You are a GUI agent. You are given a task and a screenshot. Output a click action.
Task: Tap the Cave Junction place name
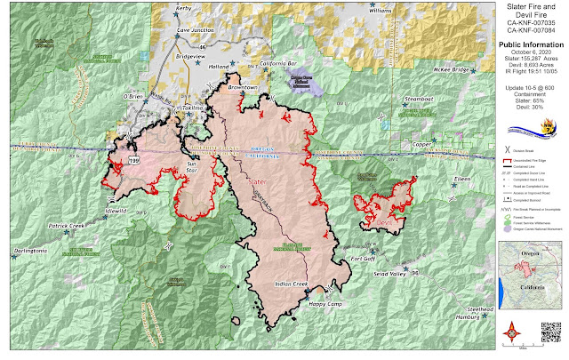click(196, 29)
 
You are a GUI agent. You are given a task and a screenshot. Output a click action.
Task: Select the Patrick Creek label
click(67, 227)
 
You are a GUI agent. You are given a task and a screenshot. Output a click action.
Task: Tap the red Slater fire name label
click(259, 180)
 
